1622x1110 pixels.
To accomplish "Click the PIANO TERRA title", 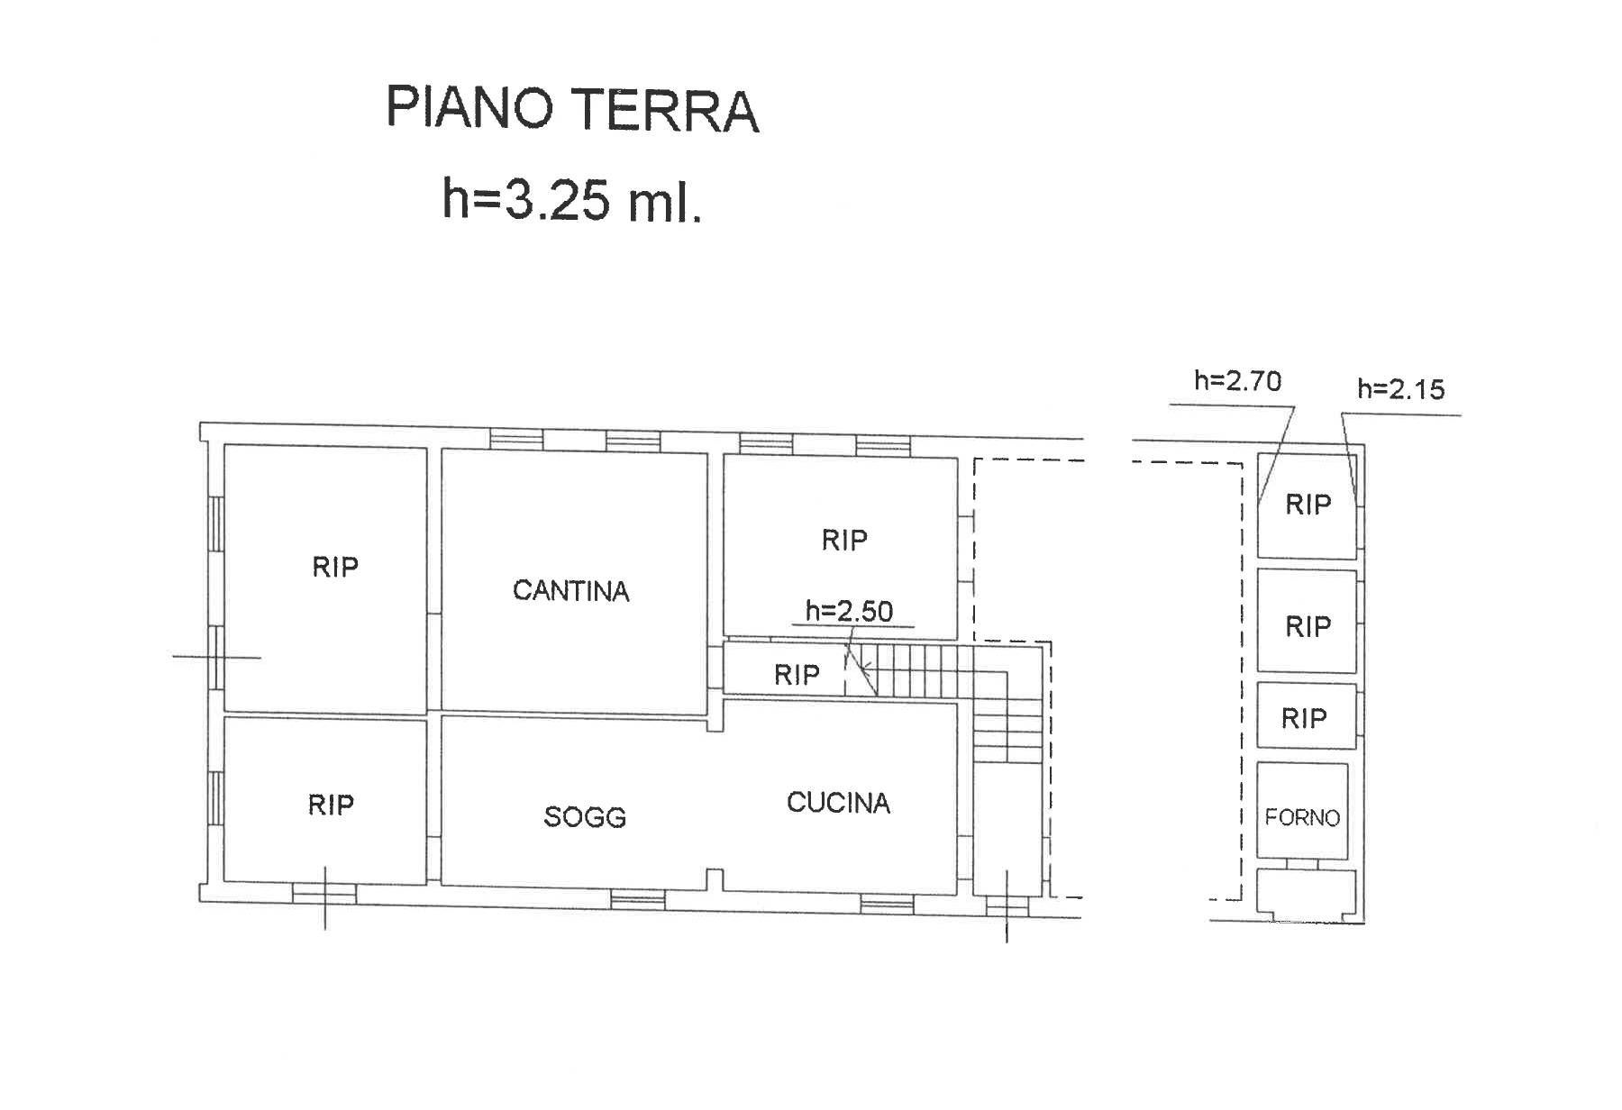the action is (572, 109).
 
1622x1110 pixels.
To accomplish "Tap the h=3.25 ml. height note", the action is (571, 199).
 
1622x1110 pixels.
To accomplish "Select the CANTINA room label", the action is (570, 591).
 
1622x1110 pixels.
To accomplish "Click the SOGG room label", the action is (585, 817).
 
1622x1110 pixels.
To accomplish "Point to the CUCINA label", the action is (838, 803).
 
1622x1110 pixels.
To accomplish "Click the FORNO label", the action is (1302, 817).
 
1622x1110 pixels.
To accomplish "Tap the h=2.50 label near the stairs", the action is (849, 611).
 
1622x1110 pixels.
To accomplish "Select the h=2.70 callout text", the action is (1237, 381).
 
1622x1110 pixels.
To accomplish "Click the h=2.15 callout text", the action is (1401, 389).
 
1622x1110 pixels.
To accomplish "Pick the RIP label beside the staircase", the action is (797, 675).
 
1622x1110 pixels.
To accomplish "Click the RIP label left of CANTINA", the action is (335, 567).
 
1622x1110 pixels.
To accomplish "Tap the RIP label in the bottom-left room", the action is (331, 805).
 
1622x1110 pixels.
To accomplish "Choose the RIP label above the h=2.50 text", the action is (844, 540).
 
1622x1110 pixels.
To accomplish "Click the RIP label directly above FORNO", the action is (1304, 718).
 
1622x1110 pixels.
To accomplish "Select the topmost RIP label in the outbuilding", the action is (1308, 505).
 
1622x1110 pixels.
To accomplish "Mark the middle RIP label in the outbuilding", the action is (1308, 626).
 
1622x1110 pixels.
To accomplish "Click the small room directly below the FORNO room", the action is (1307, 893).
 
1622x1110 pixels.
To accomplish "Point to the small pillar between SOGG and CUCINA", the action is (715, 879).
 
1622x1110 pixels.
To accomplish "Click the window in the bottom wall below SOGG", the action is (638, 899).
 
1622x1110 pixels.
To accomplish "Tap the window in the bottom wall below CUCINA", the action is (887, 905).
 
